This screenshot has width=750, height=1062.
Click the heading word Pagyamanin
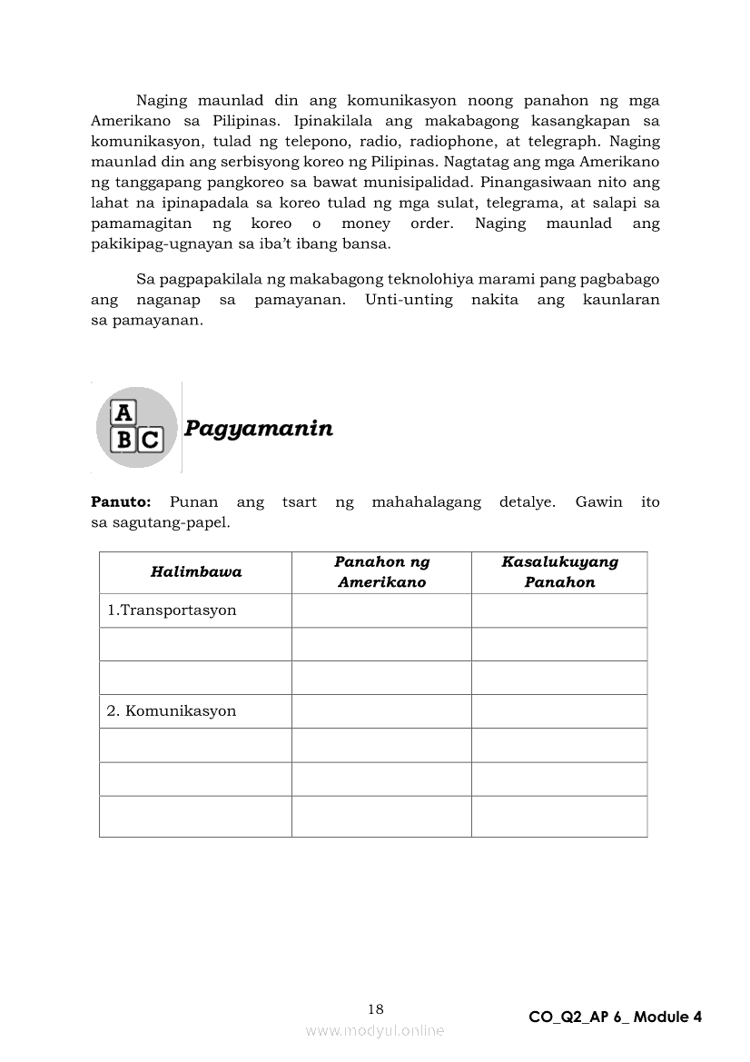click(258, 429)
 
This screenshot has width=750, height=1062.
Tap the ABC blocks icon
click(136, 427)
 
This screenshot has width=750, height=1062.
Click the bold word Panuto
click(120, 502)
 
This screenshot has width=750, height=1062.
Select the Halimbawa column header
click(196, 572)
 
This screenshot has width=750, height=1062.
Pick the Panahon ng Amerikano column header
click(381, 572)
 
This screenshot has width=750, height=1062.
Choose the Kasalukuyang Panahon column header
click(559, 572)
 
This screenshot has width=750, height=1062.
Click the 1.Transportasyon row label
click(172, 610)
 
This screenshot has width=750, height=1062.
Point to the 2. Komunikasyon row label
click(172, 711)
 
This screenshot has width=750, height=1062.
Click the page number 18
click(376, 1009)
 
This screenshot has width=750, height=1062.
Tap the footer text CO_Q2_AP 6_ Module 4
click(615, 1017)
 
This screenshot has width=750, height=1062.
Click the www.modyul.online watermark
click(375, 1031)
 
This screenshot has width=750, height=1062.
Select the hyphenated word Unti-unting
click(409, 300)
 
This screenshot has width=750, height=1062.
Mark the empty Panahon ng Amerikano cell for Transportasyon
click(381, 610)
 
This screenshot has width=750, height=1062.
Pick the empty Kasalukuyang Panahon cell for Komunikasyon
click(559, 711)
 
